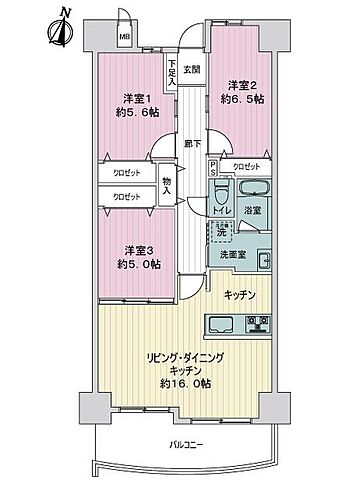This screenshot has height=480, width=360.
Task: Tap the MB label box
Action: pyautogui.click(x=125, y=39)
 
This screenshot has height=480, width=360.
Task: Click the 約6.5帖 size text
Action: pyautogui.click(x=243, y=100)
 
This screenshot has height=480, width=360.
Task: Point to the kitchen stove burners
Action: pyautogui.click(x=258, y=323)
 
